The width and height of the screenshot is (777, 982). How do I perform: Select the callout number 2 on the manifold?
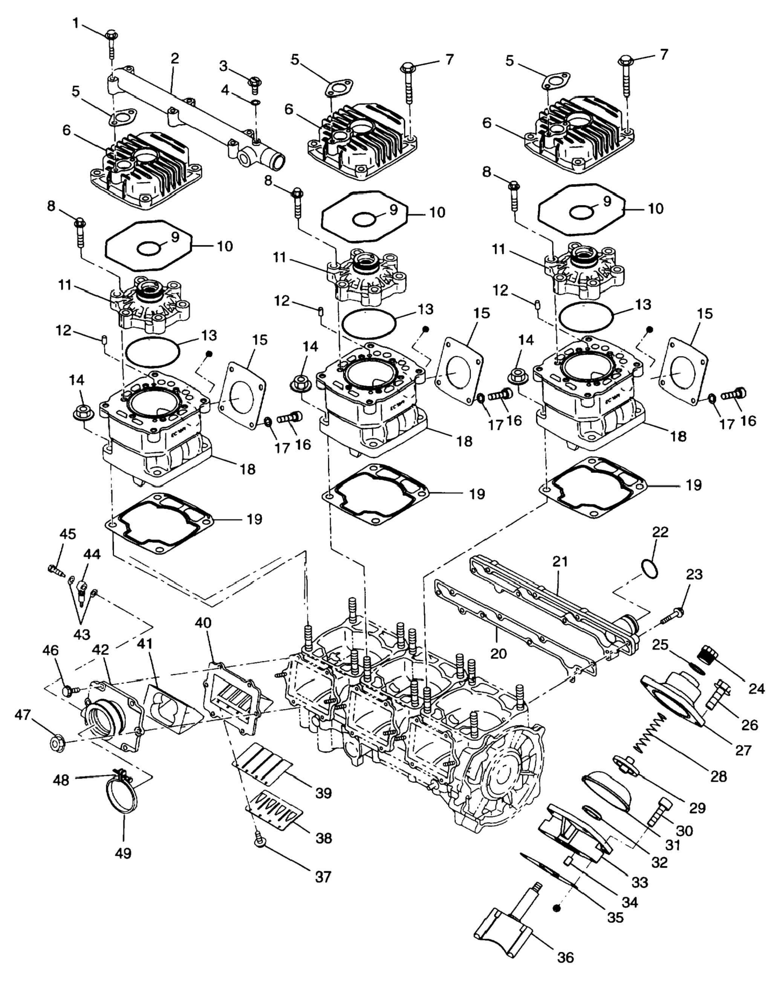click(175, 58)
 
